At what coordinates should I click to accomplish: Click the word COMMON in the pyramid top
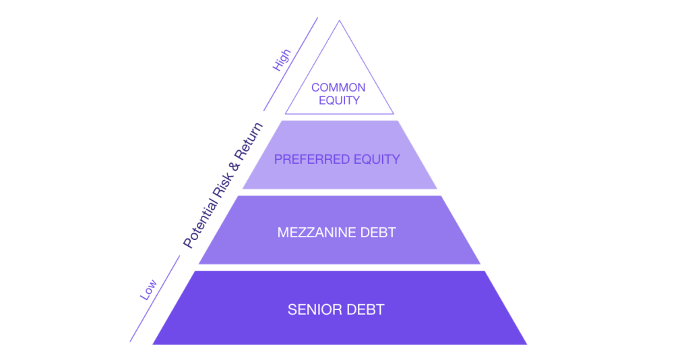338,88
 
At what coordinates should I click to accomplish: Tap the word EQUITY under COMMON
338,101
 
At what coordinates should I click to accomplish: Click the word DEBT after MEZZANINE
379,233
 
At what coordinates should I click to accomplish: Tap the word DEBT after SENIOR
367,310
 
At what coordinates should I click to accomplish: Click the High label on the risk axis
281,59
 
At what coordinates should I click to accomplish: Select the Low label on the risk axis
148,289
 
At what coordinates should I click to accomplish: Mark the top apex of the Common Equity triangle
339,21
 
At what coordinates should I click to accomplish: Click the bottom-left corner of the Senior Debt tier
154,344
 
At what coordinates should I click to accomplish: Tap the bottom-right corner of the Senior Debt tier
526,344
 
